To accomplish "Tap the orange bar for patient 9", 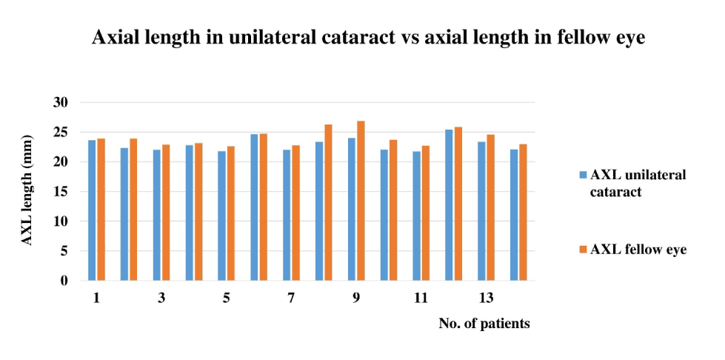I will [x=361, y=201].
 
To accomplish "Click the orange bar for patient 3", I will [x=166, y=213].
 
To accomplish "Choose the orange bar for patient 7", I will [x=295, y=213].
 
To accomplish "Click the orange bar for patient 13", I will [x=490, y=207].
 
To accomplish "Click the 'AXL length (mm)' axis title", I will [x=27, y=190].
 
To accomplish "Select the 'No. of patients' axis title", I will [x=484, y=324].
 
